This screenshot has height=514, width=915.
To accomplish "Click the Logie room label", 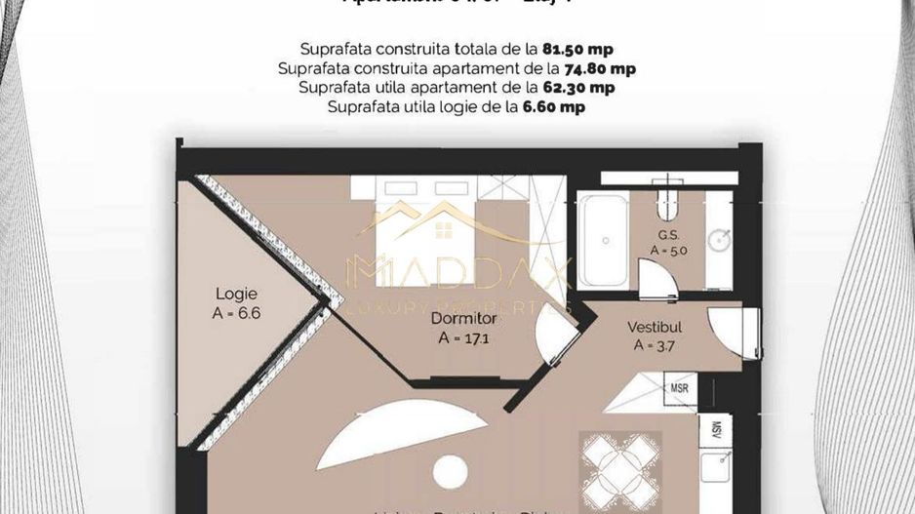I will [x=236, y=293].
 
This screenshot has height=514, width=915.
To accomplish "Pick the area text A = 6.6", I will [x=236, y=313].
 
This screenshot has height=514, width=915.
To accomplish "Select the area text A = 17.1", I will [x=463, y=339].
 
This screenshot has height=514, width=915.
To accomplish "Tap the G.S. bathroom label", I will [x=668, y=235].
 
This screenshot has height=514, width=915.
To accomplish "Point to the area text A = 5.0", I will [x=668, y=251].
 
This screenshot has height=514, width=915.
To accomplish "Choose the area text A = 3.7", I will [x=654, y=344].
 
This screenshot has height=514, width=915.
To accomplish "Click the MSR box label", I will [x=682, y=387].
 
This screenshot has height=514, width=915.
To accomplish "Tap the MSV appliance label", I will [x=715, y=429].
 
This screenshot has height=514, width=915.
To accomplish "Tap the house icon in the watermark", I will [x=442, y=231].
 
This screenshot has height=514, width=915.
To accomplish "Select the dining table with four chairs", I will [x=620, y=466].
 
